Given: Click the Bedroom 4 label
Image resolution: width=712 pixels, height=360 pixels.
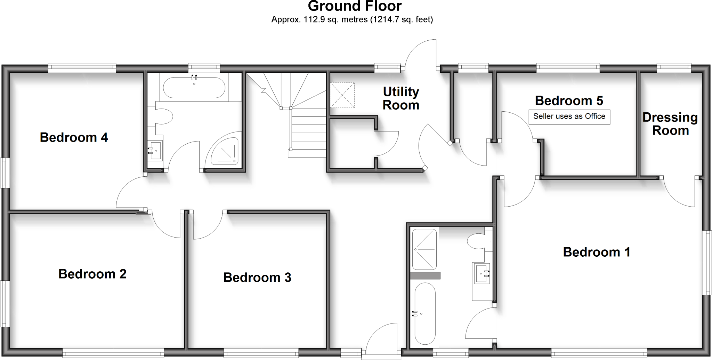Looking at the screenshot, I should click(x=74, y=137).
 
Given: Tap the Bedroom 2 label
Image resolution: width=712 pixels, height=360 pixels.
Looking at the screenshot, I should click(x=92, y=274).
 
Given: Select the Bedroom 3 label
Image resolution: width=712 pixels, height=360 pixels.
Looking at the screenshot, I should click(x=257, y=278).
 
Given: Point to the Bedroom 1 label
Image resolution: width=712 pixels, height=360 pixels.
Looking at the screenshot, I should click(x=597, y=252).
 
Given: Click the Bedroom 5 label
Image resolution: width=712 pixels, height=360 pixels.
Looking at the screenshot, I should click(x=569, y=101).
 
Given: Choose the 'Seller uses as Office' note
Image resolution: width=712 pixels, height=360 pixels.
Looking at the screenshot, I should click(x=569, y=117).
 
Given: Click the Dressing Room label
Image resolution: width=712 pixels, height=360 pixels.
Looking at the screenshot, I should click(x=670, y=124).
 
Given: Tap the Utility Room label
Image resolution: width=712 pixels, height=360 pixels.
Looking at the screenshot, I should click(x=401, y=98).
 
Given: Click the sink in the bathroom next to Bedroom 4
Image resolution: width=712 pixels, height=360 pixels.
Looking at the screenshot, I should click(x=155, y=151).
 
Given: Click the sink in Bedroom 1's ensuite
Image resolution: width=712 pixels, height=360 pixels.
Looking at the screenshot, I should click(x=482, y=273).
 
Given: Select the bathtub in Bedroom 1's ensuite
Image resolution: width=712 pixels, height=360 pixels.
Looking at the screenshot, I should click(x=424, y=313).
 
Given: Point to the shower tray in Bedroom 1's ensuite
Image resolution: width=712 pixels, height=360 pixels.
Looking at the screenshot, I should click(x=424, y=249).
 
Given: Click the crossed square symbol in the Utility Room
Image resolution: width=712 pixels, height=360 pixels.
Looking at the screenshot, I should click(x=342, y=95).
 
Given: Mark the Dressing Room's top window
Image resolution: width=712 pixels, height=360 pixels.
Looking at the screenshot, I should click(x=673, y=68).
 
